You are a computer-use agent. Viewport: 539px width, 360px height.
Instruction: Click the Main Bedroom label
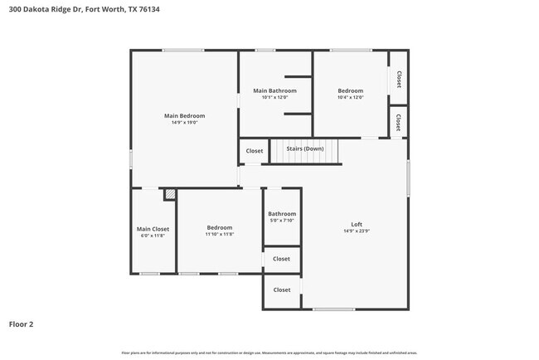(x=184, y=116)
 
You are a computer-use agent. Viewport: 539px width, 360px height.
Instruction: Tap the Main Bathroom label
(x=274, y=90)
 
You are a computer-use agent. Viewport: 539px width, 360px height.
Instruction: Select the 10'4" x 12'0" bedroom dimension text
(x=350, y=97)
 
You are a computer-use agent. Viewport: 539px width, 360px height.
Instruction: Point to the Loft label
(x=357, y=224)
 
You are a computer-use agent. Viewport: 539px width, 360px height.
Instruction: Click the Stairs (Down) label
(x=304, y=148)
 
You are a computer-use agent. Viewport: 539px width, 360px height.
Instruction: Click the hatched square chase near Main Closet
(x=169, y=195)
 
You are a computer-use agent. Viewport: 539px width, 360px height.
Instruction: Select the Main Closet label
(x=153, y=228)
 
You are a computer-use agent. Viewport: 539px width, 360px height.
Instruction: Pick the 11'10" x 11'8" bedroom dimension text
(x=220, y=234)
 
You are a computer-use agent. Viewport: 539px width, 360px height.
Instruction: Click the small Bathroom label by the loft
(x=282, y=214)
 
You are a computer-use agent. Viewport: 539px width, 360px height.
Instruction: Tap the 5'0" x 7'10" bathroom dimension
(x=282, y=221)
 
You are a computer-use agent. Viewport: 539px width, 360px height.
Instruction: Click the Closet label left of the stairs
(x=254, y=151)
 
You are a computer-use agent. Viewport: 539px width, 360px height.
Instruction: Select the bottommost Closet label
(x=282, y=289)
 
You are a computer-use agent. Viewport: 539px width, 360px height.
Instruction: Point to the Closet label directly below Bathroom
(x=282, y=259)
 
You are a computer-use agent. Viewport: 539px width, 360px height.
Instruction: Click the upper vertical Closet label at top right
(x=399, y=79)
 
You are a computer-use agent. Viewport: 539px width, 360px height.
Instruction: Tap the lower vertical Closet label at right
(x=399, y=122)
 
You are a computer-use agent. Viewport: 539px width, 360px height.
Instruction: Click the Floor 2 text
(x=21, y=324)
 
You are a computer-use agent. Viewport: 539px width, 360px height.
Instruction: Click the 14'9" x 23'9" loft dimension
(x=357, y=231)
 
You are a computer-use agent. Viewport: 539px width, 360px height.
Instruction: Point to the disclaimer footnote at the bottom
(x=269, y=353)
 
